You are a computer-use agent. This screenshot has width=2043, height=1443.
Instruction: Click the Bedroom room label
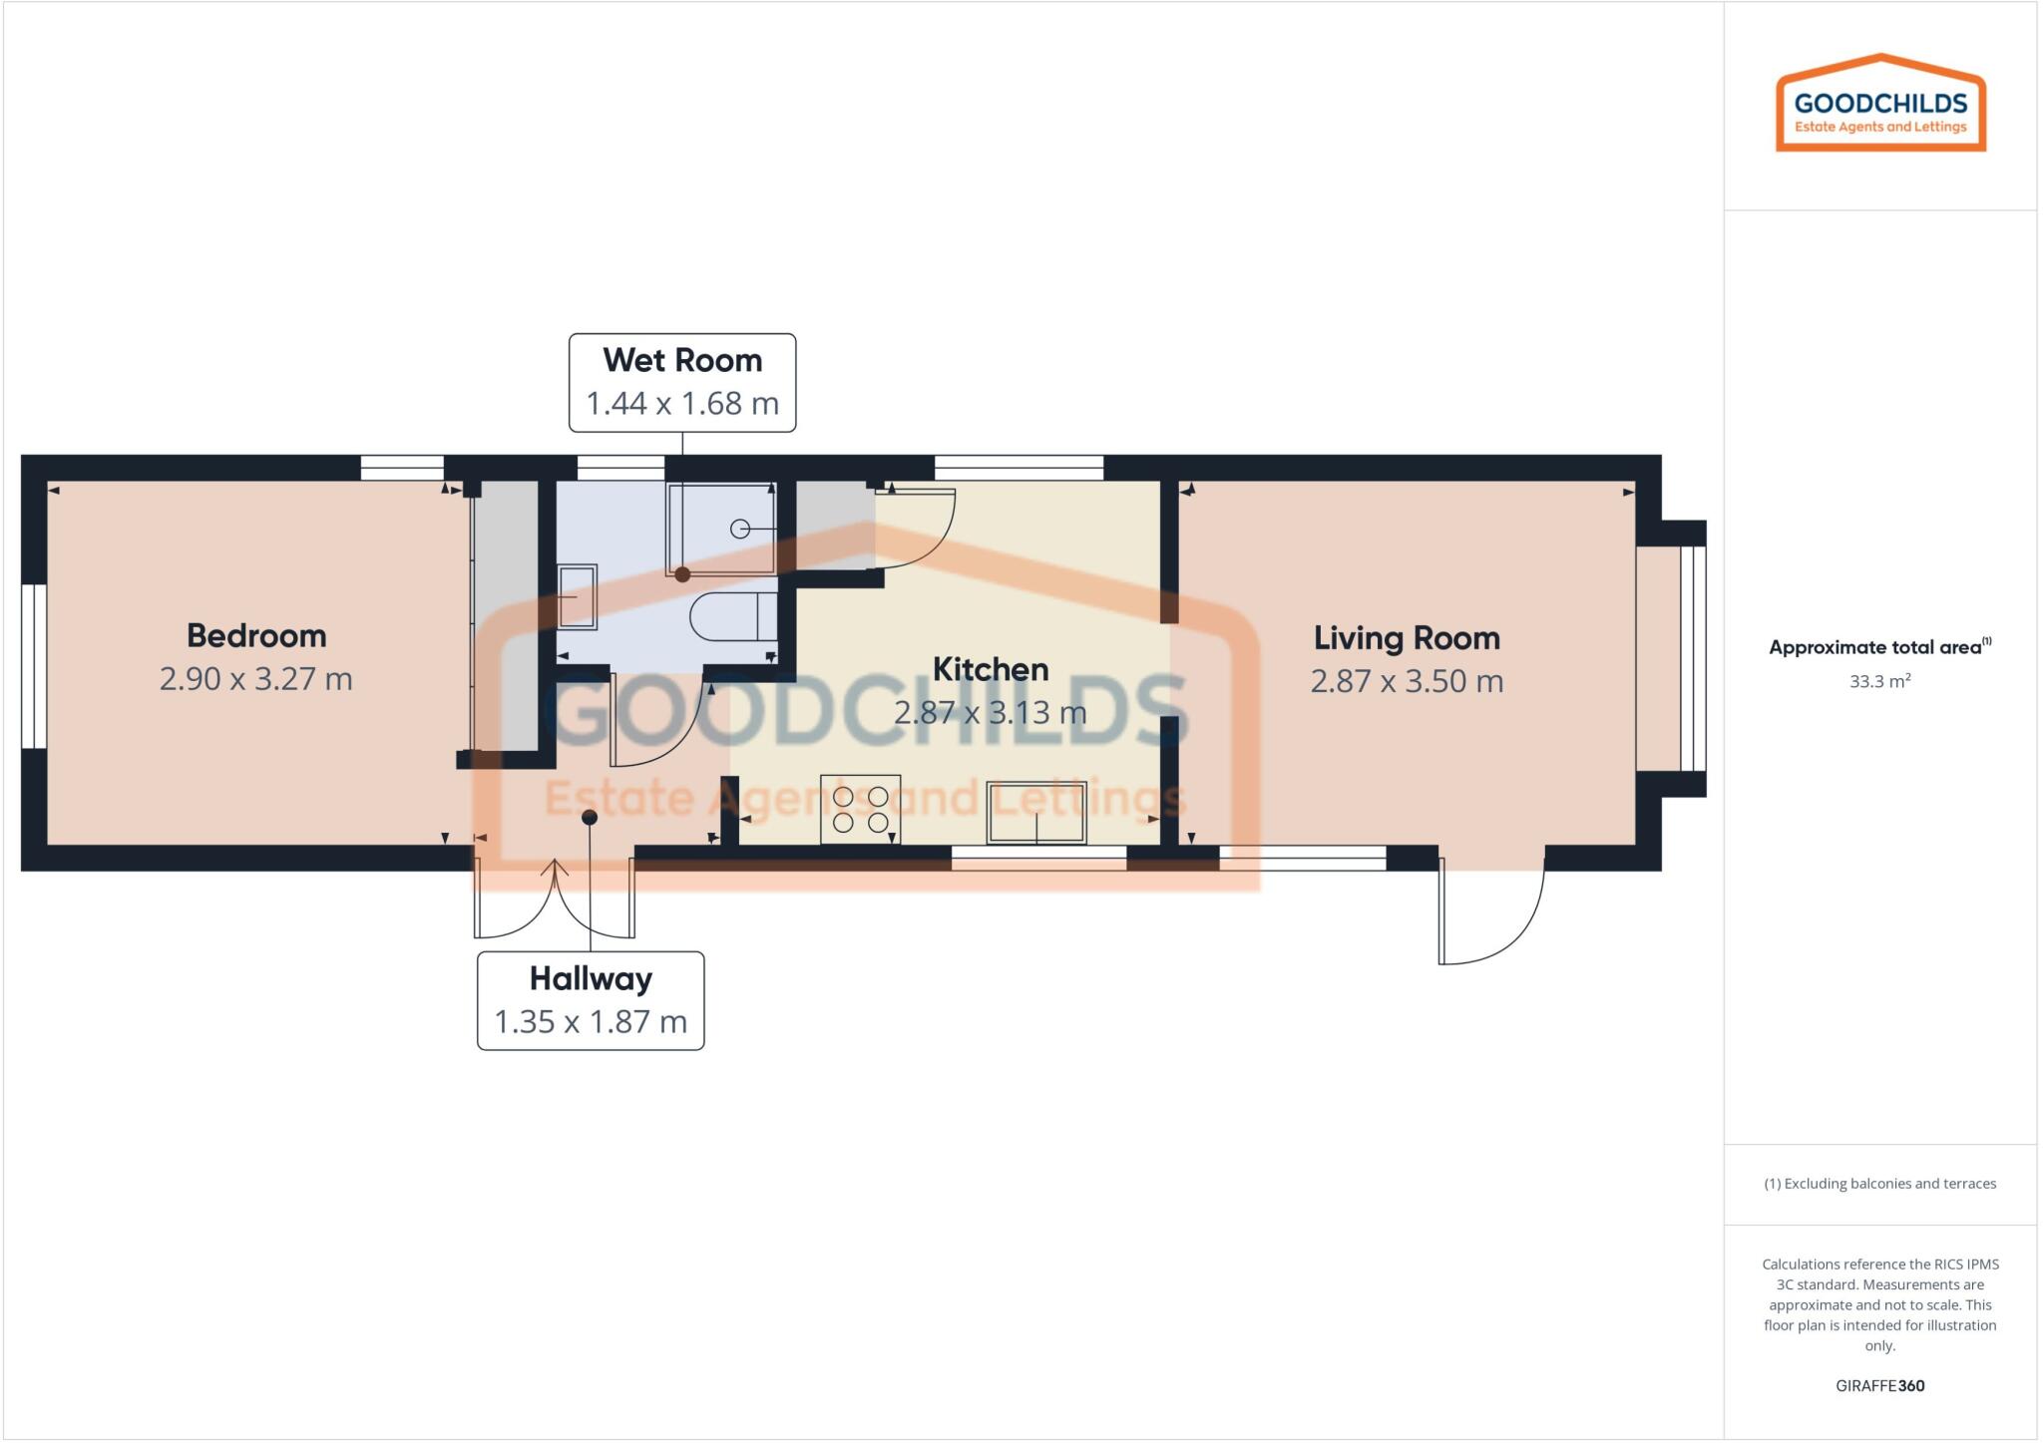pos(256,635)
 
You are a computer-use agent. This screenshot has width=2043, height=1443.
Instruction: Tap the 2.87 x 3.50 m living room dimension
pos(1406,681)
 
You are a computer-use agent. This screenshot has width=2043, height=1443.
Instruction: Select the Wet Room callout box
pos(682,383)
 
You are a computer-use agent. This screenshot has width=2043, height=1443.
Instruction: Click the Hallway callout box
pos(591,1000)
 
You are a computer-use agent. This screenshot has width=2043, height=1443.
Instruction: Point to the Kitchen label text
pos(990,669)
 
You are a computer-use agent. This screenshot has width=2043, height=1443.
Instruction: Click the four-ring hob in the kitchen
pos(860,810)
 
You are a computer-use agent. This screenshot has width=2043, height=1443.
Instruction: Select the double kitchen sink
pos(1036,813)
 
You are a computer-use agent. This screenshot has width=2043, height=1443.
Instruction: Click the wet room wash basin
pos(577,596)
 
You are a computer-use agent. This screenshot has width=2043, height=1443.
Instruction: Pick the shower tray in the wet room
pos(721,529)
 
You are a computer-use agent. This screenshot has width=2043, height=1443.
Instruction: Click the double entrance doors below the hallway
pos(554,902)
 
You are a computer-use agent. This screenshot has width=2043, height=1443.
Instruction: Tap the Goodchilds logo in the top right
pos(1880,104)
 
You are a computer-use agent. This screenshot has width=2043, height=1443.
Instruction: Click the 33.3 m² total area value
pos(1879,682)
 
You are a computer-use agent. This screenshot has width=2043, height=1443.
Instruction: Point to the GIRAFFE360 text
pos(1879,1385)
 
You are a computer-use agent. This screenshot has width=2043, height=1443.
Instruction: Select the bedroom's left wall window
pos(34,666)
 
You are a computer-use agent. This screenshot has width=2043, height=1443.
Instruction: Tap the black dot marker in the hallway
pos(590,818)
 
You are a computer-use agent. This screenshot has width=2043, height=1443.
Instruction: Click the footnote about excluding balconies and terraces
pos(1879,1184)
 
